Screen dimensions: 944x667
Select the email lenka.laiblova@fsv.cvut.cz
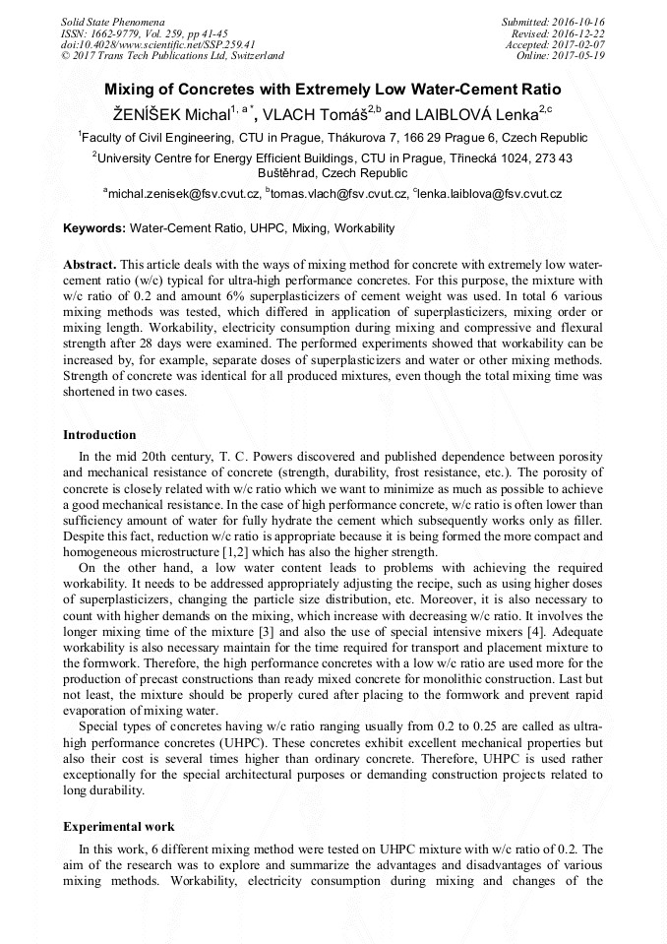491,194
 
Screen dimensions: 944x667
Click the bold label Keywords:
94,228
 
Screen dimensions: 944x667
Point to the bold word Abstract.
90,266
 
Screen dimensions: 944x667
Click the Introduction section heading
99,434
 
